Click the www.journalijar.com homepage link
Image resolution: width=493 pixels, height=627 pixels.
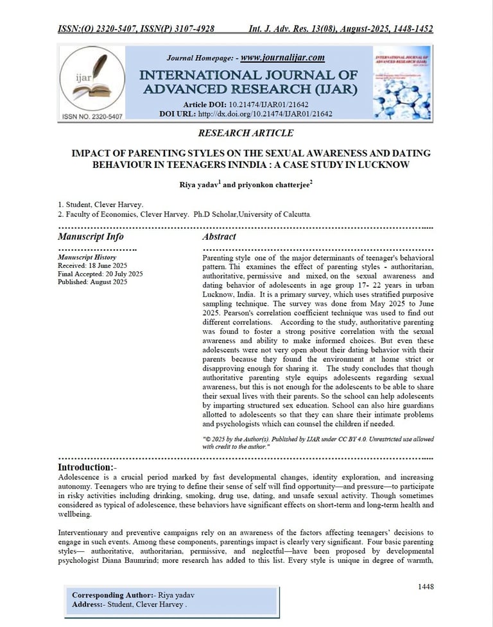coord(282,57)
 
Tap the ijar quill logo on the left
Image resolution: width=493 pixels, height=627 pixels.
coord(92,78)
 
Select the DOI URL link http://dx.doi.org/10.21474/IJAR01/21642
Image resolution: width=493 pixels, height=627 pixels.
coord(265,113)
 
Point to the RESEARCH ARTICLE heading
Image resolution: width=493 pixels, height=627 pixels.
coord(246,133)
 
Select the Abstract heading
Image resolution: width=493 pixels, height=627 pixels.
coord(220,237)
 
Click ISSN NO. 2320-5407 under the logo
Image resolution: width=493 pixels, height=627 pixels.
coord(92,116)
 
